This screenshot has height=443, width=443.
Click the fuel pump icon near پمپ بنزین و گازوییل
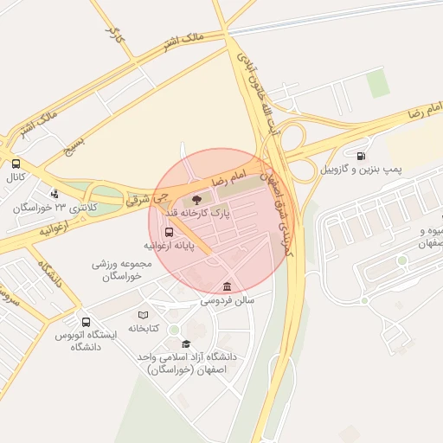point(360,157)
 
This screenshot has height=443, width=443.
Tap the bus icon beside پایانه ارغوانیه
point(168,232)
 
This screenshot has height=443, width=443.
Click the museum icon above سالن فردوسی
point(227,287)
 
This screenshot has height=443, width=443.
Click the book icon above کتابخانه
point(144,315)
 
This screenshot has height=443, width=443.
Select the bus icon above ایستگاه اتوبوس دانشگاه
point(85,322)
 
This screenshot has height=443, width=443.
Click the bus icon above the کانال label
point(16,164)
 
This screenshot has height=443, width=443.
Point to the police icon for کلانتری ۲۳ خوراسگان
point(55,195)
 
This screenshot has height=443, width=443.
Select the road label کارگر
point(112,36)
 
